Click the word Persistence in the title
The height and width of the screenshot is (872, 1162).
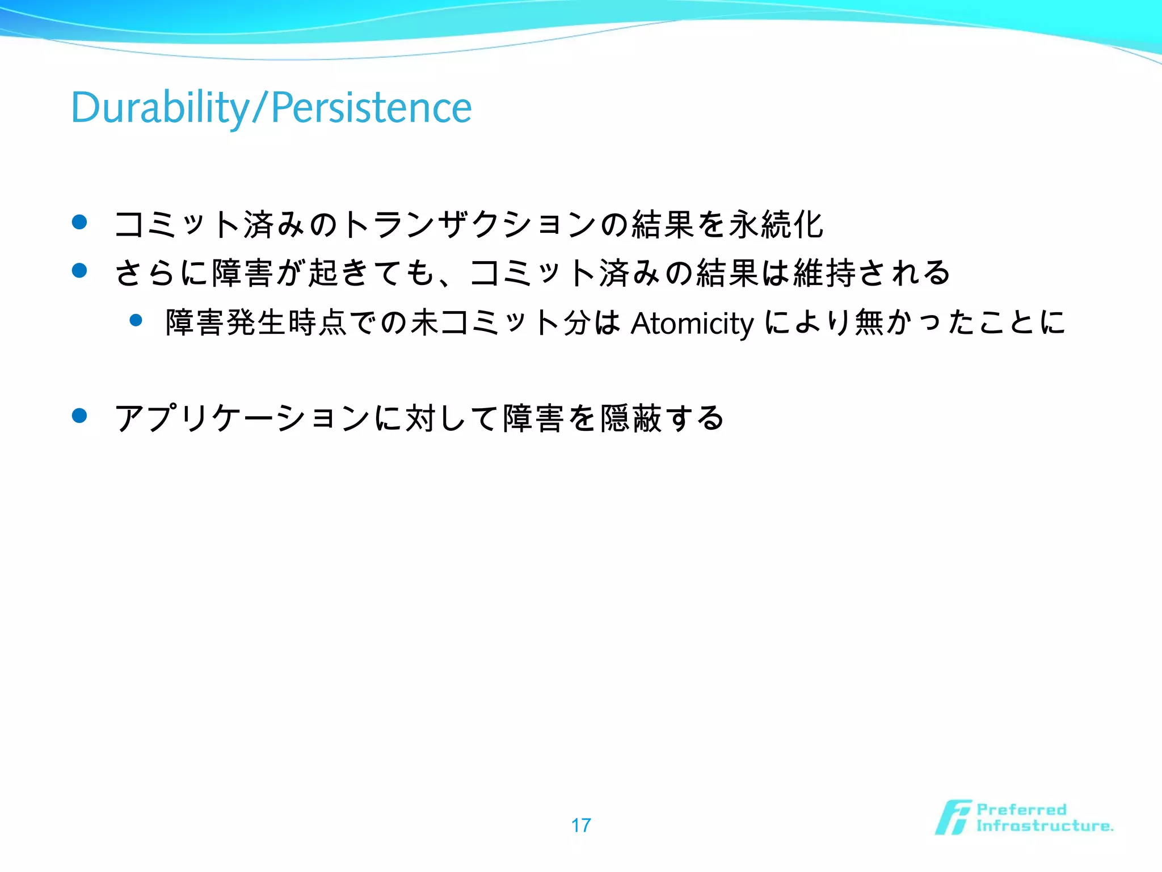371,107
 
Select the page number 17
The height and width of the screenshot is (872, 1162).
581,825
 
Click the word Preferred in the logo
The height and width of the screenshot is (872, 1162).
1021,810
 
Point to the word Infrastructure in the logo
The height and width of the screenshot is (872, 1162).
1044,825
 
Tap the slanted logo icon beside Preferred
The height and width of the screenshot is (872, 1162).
952,817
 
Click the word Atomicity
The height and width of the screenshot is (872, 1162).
692,323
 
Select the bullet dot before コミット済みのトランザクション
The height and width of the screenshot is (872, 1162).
79,222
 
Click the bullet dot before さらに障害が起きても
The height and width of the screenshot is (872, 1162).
79,270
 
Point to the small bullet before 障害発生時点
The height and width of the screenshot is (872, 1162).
136,320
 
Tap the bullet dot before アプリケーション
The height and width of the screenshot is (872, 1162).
79,416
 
